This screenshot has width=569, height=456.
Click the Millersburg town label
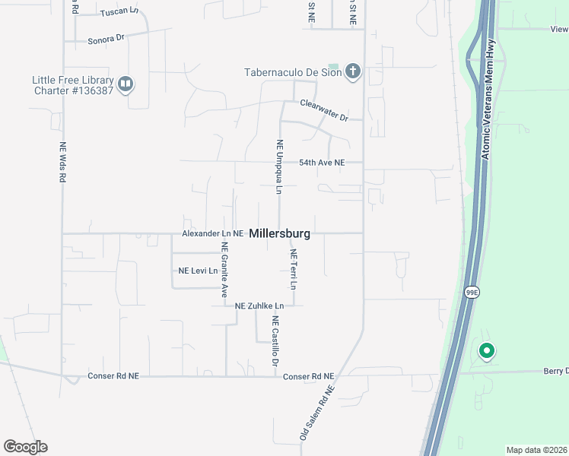coord(279,233)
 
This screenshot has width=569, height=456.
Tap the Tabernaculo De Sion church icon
coord(352,73)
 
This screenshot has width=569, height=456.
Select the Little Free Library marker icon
coord(126,84)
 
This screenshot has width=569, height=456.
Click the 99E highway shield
coord(472,292)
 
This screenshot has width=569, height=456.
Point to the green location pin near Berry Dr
coord(486,351)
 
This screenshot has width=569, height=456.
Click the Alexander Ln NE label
coord(212,233)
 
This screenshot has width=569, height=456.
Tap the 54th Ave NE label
coord(321,163)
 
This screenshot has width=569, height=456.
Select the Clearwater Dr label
coord(323,110)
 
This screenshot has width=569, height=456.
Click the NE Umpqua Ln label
coord(279,167)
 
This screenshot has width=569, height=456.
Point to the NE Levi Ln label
coord(198,271)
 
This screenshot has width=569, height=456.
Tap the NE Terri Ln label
coord(292,269)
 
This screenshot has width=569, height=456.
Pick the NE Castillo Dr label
coord(275,342)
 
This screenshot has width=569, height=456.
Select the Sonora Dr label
coord(106,39)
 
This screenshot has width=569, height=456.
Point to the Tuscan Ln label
coord(119,11)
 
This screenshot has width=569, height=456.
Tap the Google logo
coord(25,447)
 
